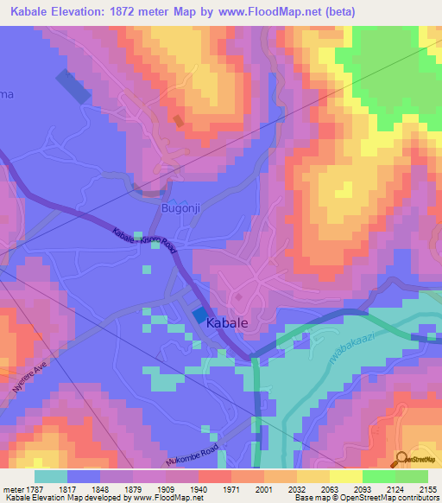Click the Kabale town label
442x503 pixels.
pos(228,322)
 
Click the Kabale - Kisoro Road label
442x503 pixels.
pos(145,241)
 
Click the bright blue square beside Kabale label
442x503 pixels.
pos(199,317)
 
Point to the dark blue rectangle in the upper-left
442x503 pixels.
pos(73,86)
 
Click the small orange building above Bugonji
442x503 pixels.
pos(178,121)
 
